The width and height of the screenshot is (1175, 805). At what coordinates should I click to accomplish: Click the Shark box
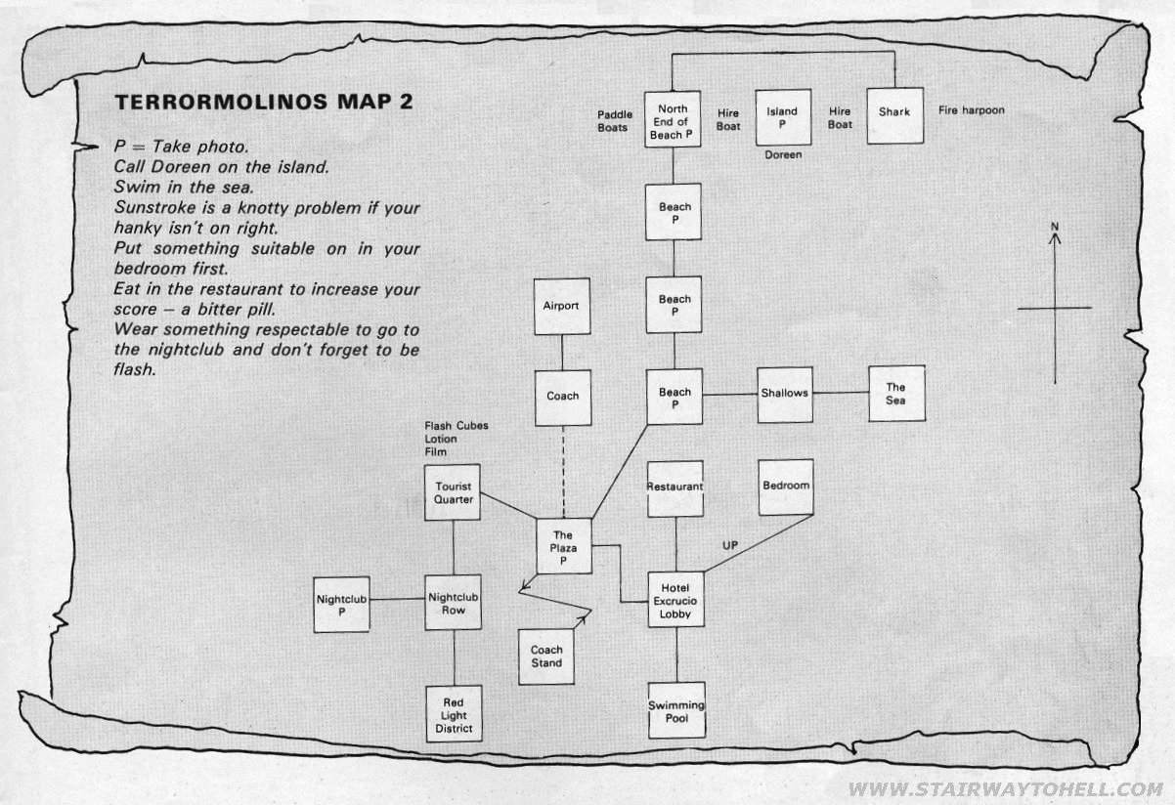894,116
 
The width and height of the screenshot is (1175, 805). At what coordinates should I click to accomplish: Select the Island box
783,117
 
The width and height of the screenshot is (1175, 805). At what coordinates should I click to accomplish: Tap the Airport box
562,307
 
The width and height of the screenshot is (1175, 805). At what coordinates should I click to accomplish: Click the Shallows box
785,395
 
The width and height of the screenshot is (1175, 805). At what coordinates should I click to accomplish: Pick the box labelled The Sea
896,394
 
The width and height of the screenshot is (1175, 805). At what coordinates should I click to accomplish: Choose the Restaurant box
675,489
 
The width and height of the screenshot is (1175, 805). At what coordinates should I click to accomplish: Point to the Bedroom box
786,487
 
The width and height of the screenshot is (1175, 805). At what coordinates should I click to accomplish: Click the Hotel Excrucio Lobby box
675,600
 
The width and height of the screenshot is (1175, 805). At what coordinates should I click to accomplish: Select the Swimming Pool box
676,710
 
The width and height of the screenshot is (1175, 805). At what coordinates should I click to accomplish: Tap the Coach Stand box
546,657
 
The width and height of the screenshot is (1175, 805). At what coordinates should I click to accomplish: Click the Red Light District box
454,714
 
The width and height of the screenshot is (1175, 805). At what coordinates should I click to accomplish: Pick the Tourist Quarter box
453,492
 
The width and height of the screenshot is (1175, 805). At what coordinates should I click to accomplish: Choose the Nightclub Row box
454,603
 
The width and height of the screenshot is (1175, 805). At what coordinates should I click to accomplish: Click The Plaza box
564,546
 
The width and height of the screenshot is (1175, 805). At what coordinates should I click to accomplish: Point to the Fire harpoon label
972,110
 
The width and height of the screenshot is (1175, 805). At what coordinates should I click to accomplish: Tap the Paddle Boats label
615,121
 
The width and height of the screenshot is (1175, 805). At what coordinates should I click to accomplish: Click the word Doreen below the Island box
783,154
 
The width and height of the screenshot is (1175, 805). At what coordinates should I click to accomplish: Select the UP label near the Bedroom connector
730,545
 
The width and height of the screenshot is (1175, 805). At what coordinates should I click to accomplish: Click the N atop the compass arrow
1055,227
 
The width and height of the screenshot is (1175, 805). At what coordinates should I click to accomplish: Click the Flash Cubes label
457,426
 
